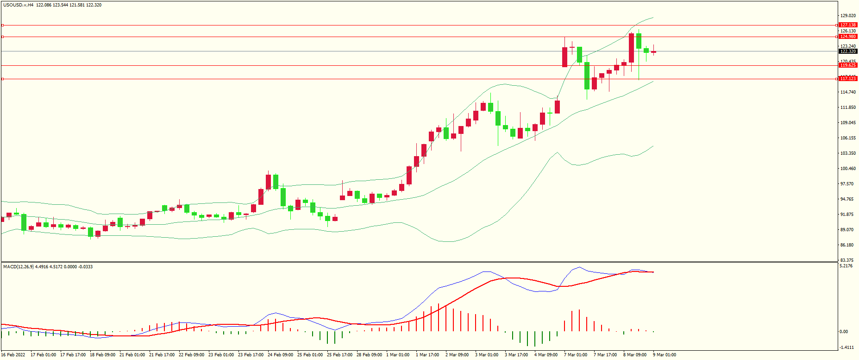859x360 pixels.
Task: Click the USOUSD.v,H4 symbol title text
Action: pos(18,5)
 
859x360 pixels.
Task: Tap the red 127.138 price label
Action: pos(848,25)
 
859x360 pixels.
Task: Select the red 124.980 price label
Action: pos(848,37)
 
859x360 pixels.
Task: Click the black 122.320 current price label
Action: pos(848,51)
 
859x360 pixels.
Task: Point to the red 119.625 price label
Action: pos(848,65)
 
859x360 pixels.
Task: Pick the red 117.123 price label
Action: pos(848,79)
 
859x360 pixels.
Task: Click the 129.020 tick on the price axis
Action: pos(848,16)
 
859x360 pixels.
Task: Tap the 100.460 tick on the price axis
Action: pos(848,169)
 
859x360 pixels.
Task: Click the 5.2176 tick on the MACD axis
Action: pos(846,266)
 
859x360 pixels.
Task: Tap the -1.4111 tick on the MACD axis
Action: pos(847,347)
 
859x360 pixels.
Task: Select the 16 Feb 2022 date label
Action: pos(13,355)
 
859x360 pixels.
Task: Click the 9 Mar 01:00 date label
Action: pos(665,355)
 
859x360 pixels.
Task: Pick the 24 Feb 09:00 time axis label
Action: pos(281,355)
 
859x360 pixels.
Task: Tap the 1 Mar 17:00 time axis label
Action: pos(427,355)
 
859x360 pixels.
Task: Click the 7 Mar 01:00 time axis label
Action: pos(576,355)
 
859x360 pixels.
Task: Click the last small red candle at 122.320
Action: pos(654,52)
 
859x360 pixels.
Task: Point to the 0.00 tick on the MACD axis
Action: pos(844,332)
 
